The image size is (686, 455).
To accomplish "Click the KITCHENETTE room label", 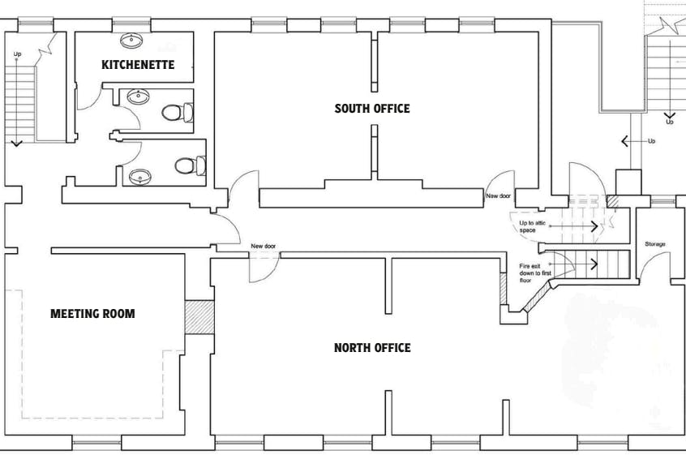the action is [138, 65].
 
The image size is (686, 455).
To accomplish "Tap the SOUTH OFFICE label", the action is [372, 109].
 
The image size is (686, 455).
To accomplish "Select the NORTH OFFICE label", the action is [372, 348].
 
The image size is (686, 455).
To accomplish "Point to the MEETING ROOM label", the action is [92, 314].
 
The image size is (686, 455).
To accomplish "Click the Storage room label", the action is [655, 244].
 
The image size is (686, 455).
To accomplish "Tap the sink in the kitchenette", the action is [131, 41].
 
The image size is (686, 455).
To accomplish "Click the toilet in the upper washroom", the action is [178, 113].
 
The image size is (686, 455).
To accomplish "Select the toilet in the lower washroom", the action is [191, 165].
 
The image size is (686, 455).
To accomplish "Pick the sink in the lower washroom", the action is [140, 177].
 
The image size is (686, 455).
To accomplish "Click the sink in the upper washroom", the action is [138, 97].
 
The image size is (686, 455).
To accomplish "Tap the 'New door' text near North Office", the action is [264, 247].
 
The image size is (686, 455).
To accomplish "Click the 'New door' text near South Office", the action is [499, 196].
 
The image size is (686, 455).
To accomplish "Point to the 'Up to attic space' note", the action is [533, 226].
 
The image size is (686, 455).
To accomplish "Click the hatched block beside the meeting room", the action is [199, 317].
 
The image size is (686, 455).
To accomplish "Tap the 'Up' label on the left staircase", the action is [17, 54].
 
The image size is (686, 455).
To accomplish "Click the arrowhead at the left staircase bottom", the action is [17, 143].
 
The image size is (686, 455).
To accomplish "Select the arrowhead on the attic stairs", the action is [594, 226].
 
